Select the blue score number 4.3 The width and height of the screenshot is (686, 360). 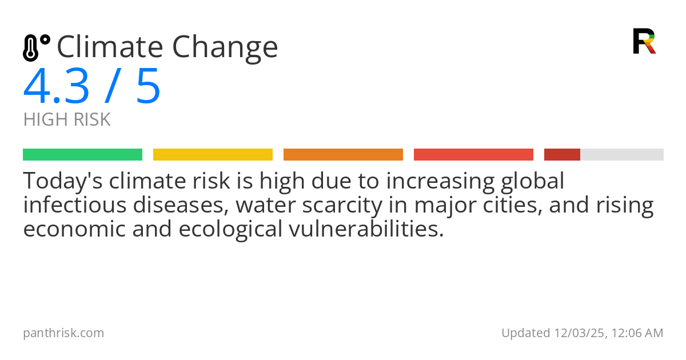pos(56,87)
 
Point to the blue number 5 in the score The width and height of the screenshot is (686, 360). pos(148,87)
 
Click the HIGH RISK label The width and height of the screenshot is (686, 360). pos(67,120)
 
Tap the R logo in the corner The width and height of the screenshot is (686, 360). pos(644,41)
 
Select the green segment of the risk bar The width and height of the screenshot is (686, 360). pos(82,155)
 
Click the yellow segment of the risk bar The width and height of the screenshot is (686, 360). pos(213,155)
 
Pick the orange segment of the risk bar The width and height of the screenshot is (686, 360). pos(343,155)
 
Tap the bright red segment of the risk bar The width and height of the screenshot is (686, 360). pos(473,155)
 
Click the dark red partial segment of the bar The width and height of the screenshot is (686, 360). pos(562,155)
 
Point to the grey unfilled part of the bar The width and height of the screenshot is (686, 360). pos(622,155)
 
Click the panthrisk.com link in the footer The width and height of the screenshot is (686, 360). pos(63,333)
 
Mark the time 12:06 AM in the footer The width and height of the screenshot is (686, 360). pos(639,333)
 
